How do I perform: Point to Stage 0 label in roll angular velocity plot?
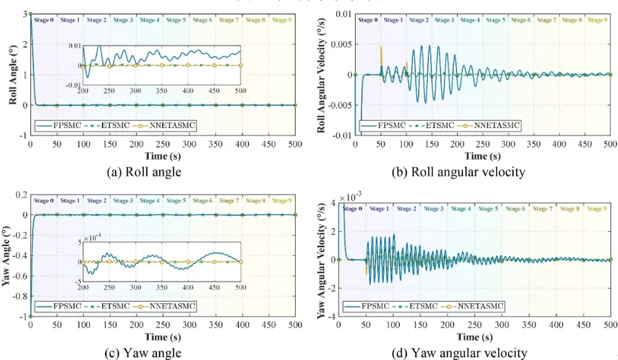367,20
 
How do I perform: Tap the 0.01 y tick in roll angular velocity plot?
342,14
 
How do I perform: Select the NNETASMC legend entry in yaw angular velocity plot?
477,306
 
